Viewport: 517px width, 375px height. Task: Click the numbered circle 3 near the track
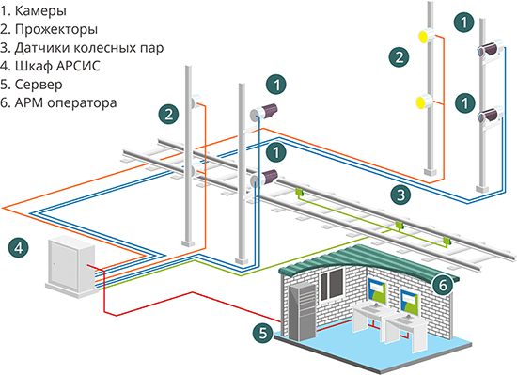pyautogui.click(x=401, y=195)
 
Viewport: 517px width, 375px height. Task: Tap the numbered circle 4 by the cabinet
pyautogui.click(x=16, y=248)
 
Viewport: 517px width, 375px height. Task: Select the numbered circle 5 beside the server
pyautogui.click(x=264, y=331)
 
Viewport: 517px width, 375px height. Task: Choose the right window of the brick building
pyautogui.click(x=412, y=300)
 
